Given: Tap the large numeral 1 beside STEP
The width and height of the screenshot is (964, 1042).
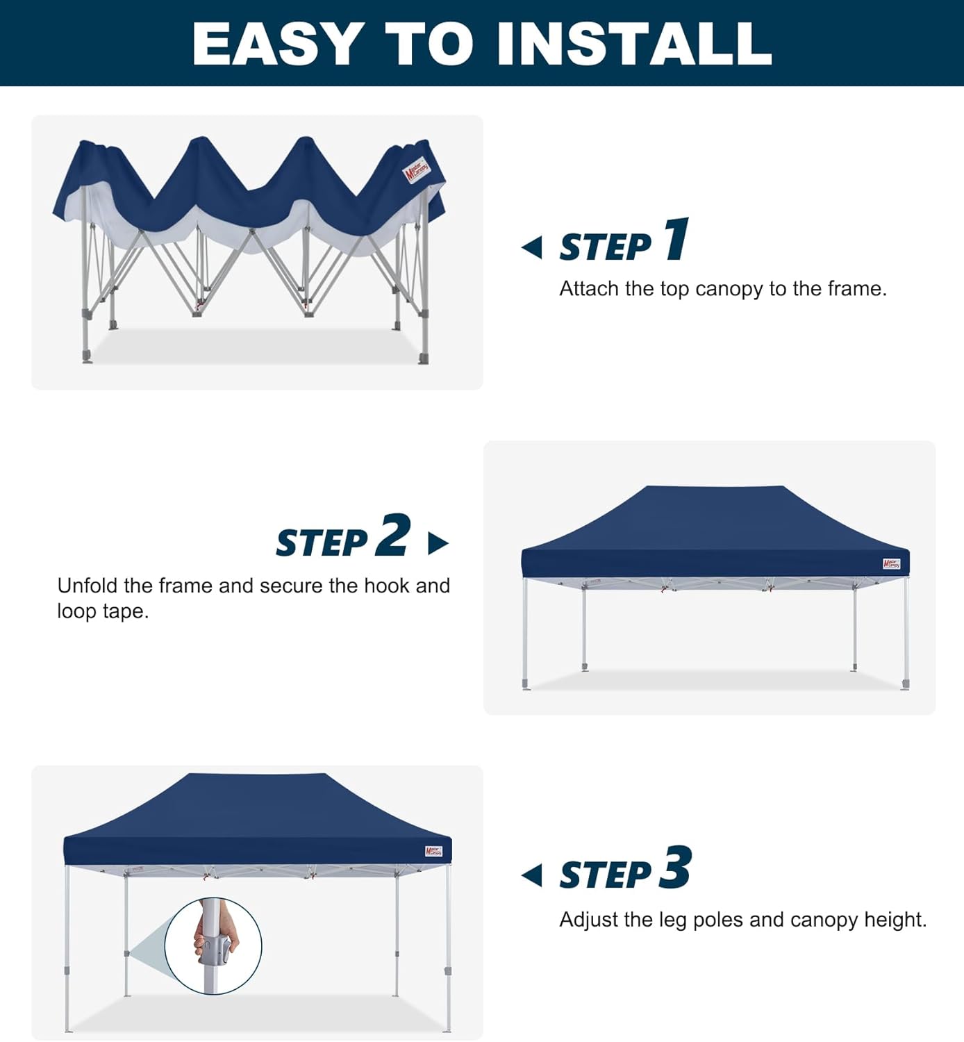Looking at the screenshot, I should click(676, 240).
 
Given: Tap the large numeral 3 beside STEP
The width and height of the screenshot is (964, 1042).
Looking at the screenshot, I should click(675, 868).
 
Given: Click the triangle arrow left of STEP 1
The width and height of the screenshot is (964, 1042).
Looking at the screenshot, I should click(533, 247).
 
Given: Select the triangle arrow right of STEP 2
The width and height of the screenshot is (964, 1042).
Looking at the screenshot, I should click(438, 543).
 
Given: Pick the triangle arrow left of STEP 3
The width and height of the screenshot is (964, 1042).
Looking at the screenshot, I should click(533, 875).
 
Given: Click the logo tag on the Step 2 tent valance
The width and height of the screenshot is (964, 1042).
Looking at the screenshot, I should click(891, 564).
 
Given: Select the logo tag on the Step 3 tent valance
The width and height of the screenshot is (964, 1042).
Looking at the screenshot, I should click(433, 851).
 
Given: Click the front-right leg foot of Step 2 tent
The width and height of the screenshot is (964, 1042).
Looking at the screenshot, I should click(905, 684).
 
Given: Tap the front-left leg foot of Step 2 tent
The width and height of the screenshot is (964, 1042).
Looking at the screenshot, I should click(526, 685).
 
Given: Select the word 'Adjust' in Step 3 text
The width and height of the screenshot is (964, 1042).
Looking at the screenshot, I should click(589, 920).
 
